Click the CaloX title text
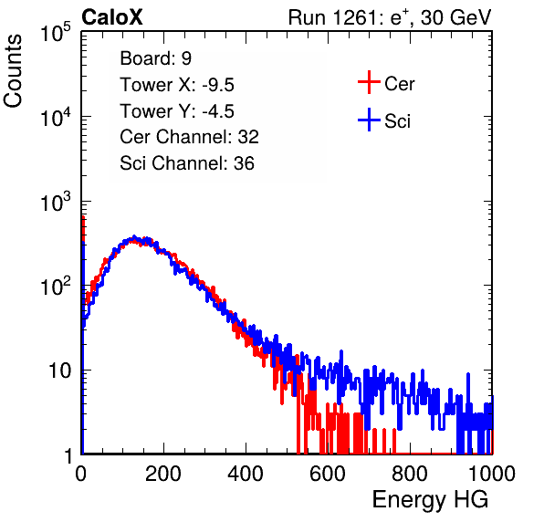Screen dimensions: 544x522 [111, 17]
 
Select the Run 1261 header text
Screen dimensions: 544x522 [390, 17]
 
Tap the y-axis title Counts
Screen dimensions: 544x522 [13, 71]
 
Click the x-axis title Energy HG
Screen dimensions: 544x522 [430, 500]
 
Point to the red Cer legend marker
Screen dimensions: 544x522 [369, 82]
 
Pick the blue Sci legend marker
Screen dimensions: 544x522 [369, 120]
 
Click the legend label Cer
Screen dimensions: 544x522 [399, 84]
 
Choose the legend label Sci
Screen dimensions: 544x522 [398, 121]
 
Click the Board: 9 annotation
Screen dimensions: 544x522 [155, 58]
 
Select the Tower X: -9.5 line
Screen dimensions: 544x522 [177, 85]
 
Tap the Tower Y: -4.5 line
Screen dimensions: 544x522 [177, 111]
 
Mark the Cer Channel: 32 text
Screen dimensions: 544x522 [190, 137]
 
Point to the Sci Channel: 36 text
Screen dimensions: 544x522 [187, 163]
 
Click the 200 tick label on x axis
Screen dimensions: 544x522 [163, 474]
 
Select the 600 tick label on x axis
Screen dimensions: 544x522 [328, 474]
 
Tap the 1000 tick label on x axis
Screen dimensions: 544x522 [492, 474]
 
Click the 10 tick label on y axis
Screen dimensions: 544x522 [60, 371]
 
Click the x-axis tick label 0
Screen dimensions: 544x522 [81, 474]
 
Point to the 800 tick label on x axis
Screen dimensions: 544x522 [410, 474]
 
